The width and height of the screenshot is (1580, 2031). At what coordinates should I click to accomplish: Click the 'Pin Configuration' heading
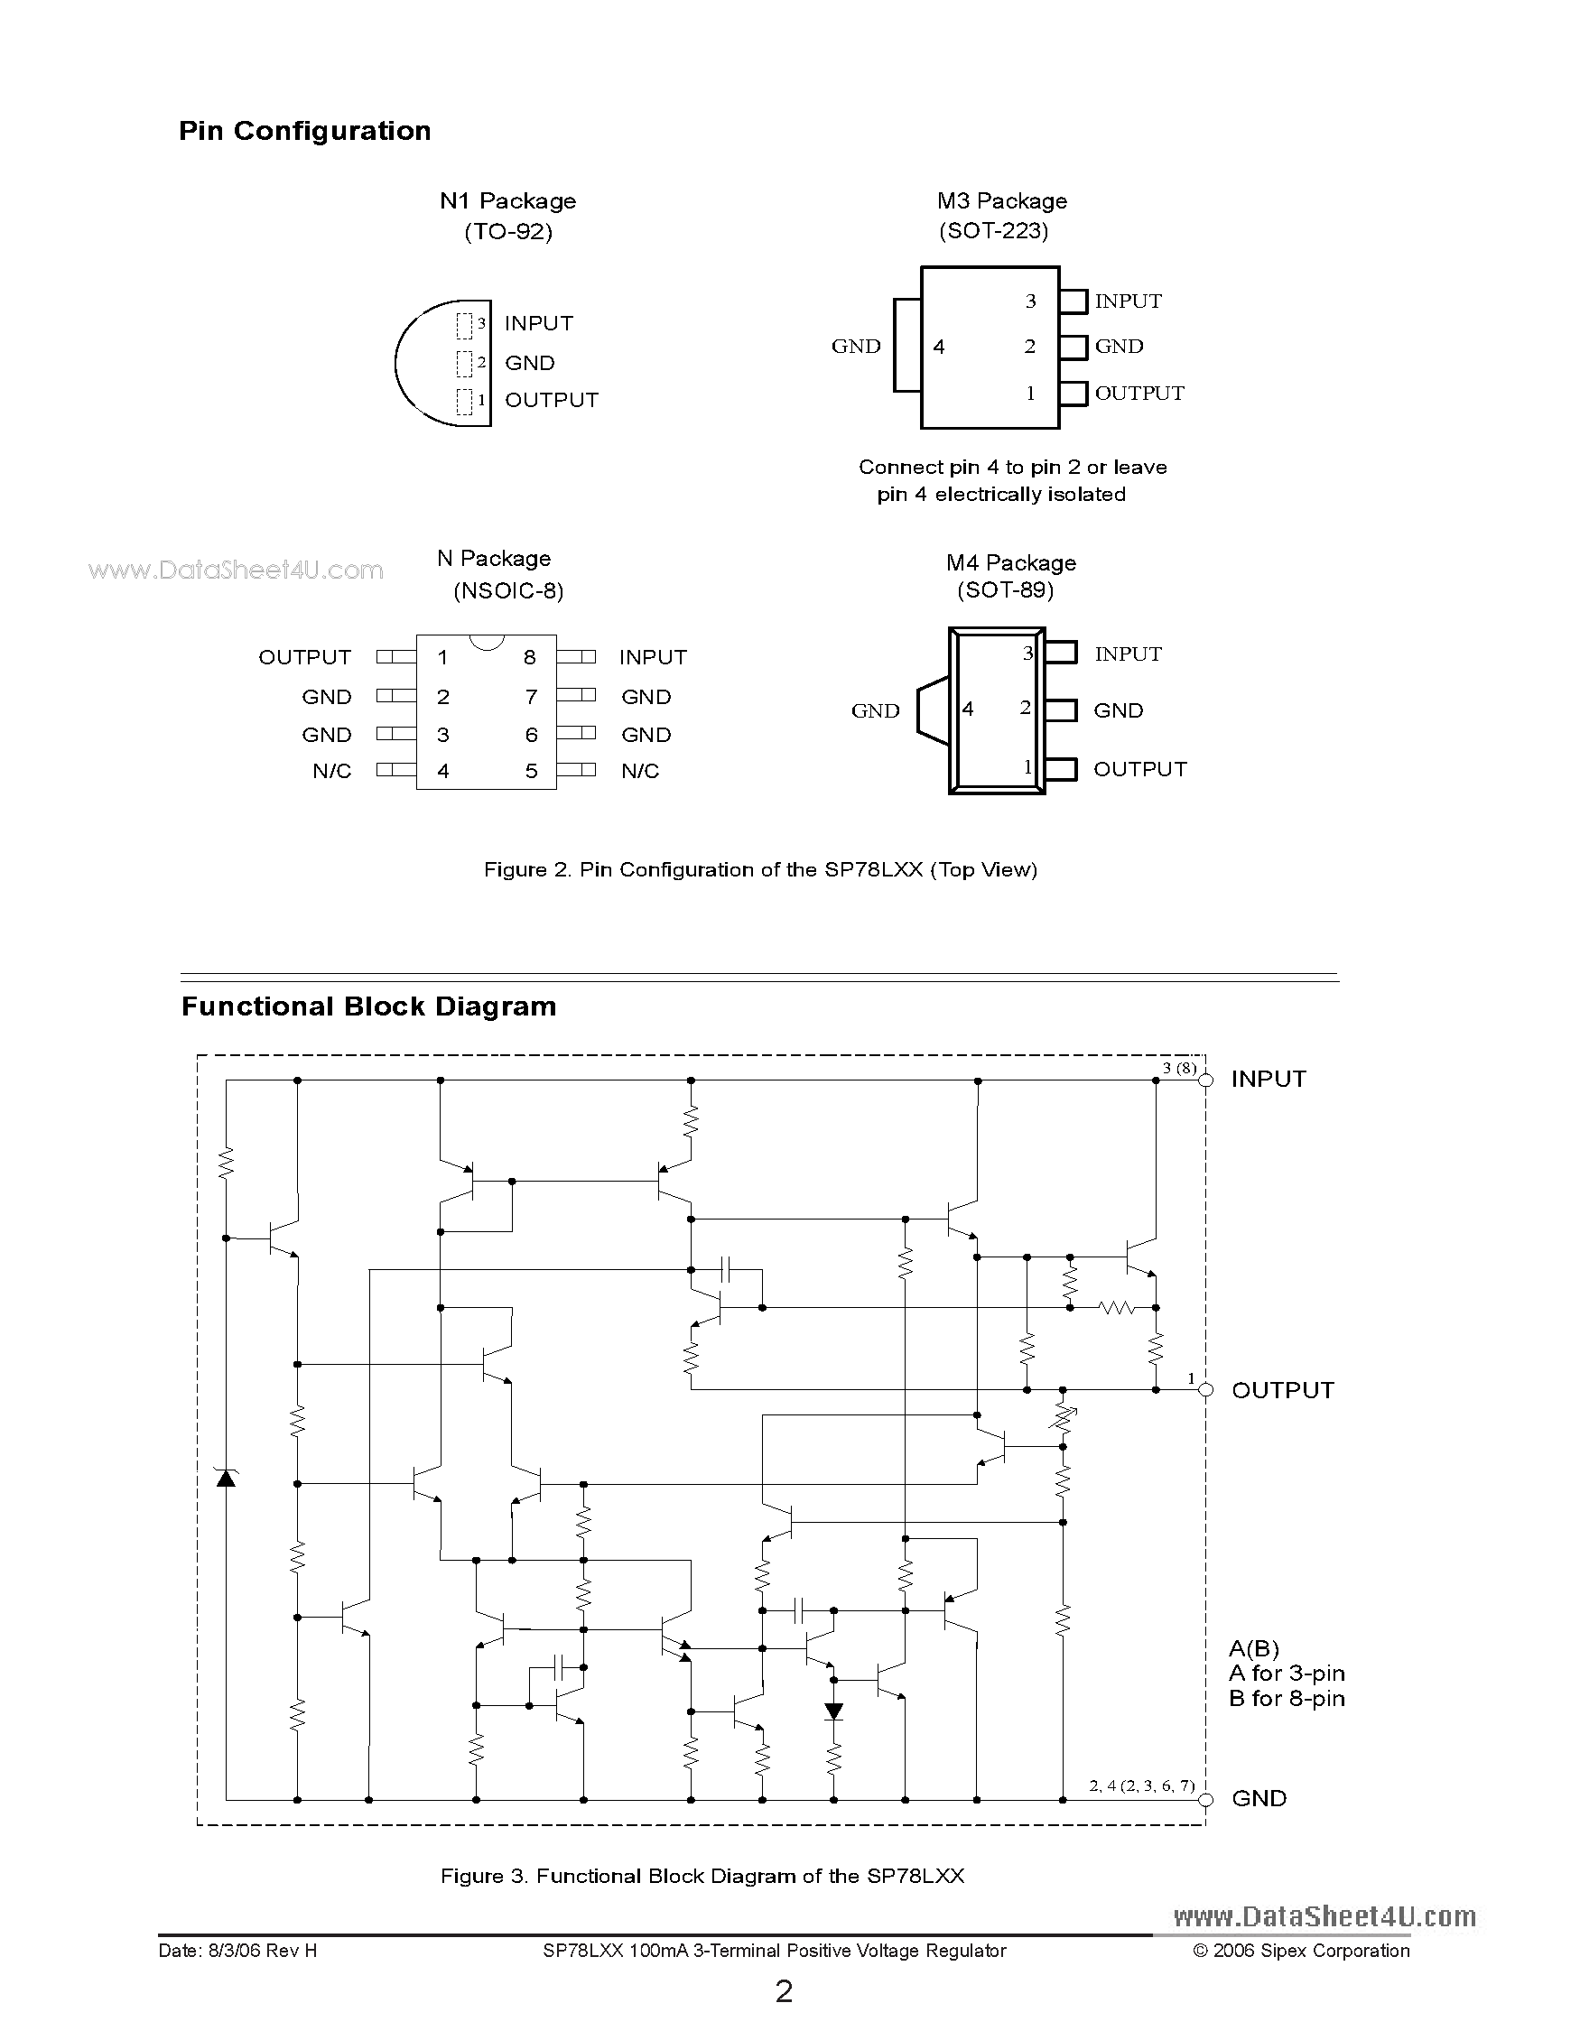304,131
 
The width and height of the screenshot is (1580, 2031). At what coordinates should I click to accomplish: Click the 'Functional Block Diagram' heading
368,1006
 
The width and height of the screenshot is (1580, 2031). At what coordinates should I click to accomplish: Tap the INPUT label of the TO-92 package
538,324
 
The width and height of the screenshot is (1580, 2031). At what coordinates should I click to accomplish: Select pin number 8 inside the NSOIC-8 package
529,657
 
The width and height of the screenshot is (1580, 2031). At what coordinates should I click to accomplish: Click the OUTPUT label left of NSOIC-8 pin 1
304,657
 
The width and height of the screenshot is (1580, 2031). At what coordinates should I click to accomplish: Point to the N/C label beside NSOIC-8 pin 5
640,771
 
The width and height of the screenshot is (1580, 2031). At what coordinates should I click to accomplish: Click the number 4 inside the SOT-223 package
939,347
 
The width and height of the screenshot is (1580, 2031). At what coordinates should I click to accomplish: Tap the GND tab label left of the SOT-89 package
875,710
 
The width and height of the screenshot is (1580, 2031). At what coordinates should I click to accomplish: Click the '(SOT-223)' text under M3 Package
993,230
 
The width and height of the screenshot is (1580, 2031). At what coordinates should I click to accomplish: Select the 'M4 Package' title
1011,562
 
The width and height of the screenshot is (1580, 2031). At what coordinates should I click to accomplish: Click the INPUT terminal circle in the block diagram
1206,1080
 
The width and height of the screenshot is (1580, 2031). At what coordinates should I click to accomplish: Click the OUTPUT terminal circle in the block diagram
1206,1390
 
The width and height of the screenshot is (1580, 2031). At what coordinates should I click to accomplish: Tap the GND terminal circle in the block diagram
1206,1799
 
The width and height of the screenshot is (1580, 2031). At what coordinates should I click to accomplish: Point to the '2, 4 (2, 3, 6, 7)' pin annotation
1141,1785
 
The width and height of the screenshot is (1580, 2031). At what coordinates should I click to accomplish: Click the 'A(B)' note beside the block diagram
1253,1649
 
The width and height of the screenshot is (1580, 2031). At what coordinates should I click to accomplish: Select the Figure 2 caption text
760,869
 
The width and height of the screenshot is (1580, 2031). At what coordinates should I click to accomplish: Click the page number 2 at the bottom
784,1992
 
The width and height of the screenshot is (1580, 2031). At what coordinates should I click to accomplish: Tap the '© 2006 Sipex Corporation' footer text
1301,1951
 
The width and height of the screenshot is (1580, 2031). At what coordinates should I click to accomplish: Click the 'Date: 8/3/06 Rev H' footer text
238,1951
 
